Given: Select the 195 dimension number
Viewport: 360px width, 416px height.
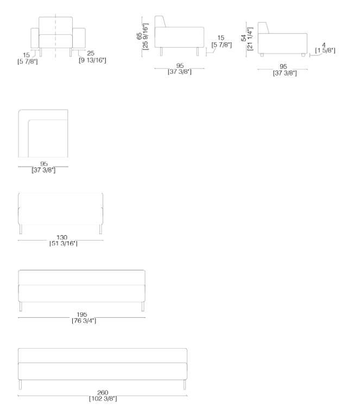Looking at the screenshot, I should (82, 316).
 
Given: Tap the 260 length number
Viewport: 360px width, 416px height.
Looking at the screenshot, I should (103, 393).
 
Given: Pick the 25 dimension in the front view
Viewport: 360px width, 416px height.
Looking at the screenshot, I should (91, 54).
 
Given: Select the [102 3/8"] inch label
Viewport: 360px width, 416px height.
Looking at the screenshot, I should (103, 399).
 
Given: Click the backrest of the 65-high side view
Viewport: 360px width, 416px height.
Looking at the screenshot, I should (160, 22).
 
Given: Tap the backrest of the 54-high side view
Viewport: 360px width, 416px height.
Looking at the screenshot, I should (263, 28).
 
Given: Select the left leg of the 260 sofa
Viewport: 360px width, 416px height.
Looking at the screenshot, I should (21, 385).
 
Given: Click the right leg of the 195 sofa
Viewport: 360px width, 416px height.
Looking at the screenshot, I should (143, 307).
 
